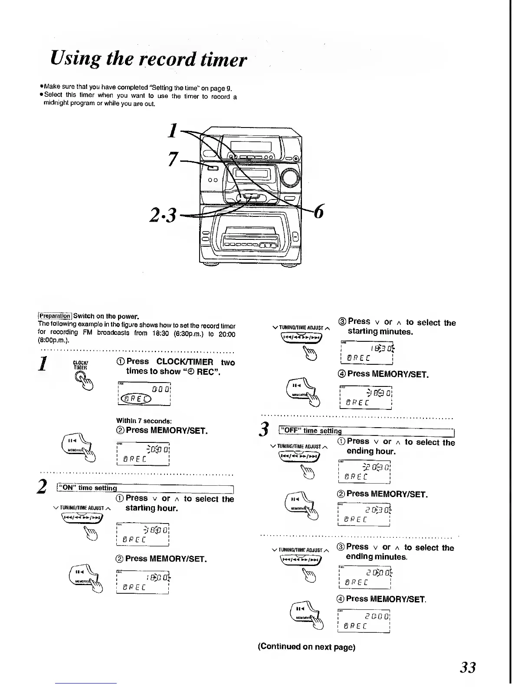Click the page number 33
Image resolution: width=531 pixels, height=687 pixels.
[x=468, y=667]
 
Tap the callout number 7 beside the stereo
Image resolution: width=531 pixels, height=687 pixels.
[x=173, y=160]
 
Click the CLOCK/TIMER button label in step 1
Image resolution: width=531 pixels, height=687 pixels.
[x=80, y=365]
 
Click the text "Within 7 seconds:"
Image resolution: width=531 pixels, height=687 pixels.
[x=144, y=420]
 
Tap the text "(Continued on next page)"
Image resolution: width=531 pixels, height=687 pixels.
[x=306, y=647]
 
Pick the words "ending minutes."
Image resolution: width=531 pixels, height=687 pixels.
[x=376, y=556]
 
